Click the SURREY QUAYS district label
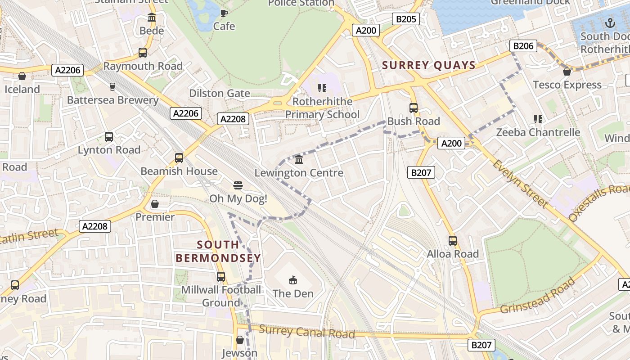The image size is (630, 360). point(428,65)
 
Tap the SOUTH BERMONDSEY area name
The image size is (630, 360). point(218,251)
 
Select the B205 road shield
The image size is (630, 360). point(406,19)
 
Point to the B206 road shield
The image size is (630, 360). point(523,46)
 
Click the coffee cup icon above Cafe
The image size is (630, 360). point(224,13)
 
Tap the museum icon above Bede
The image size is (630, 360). point(152,18)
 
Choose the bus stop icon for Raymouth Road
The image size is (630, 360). point(143,53)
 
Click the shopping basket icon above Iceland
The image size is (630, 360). point(22,76)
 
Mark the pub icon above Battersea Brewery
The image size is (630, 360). point(112,86)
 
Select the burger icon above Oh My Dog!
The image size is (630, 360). point(238,185)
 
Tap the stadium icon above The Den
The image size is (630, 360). point(293,280)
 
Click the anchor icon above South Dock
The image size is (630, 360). point(610,22)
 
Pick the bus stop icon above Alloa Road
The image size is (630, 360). point(453,241)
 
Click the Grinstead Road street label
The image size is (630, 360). point(538,296)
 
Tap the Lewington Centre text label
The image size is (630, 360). point(299,173)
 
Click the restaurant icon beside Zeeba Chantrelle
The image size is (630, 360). point(538,119)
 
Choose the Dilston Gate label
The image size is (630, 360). point(220,94)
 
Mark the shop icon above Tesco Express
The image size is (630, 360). point(567,72)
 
